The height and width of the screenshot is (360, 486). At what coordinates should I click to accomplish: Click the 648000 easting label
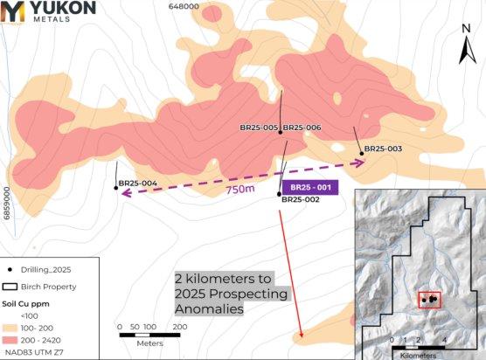point(184,6)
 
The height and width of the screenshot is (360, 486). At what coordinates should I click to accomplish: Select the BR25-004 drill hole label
point(137,183)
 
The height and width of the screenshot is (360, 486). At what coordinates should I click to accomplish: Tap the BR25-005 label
point(259,128)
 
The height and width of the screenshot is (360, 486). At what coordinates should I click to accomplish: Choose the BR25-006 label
point(302,128)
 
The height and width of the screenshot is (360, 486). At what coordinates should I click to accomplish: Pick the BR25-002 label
point(300,199)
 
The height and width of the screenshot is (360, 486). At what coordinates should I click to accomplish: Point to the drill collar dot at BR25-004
point(115,183)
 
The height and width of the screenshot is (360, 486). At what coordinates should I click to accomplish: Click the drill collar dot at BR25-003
point(361,149)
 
